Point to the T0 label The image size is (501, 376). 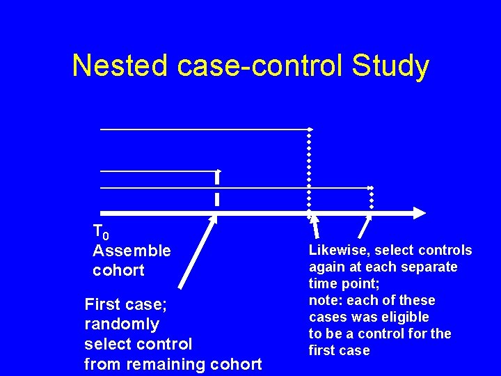101,231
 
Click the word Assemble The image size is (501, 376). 132,251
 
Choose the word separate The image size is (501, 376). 433,267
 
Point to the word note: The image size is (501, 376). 327,301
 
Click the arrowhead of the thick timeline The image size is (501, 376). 418,212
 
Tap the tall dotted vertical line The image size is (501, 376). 310,171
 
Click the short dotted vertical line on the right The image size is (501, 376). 372,198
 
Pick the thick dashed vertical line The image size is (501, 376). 217,188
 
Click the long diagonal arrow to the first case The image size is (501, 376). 198,251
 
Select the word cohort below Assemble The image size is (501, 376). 118,270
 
